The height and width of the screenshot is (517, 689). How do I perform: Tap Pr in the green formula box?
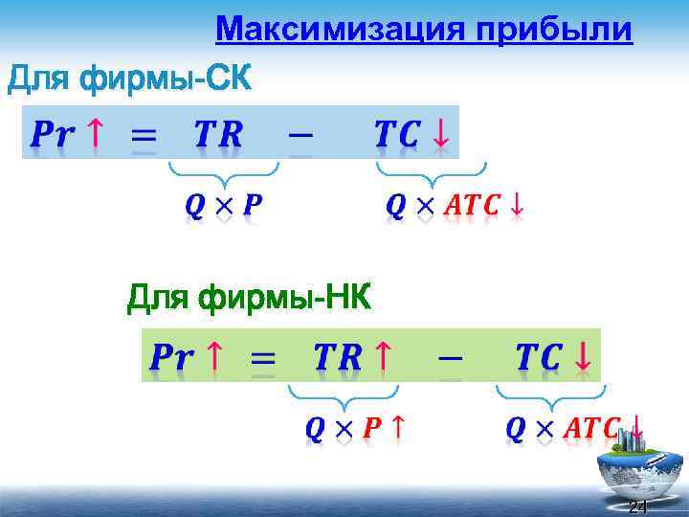(171, 358)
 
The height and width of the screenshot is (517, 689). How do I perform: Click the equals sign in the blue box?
(144, 137)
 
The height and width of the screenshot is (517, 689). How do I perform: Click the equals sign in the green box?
(263, 360)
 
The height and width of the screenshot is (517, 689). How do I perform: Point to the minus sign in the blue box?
(300, 133)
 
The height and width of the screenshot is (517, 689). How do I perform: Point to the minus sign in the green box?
(447, 357)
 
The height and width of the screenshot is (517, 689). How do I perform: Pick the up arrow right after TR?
(382, 357)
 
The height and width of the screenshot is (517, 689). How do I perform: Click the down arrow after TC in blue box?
(440, 135)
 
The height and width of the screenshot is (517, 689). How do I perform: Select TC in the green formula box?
(538, 358)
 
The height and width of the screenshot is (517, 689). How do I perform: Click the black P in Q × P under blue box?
(254, 206)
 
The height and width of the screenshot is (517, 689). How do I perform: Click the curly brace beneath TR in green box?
(343, 393)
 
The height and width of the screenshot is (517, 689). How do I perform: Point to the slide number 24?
(637, 506)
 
